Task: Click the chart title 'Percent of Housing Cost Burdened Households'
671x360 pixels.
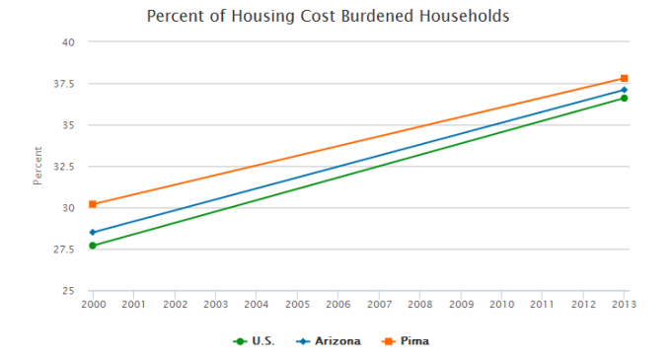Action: coord(329,17)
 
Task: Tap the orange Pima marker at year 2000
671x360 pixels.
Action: coord(93,204)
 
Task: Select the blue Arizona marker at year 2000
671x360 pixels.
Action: coord(93,233)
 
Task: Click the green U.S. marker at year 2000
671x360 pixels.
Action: coord(93,246)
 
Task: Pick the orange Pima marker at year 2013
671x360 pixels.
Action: coord(624,78)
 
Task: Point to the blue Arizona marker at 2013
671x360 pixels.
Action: coord(624,90)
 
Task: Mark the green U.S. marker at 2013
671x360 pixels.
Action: coord(624,99)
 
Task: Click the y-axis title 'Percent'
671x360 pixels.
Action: coord(37,167)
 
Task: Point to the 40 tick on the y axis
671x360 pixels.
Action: coord(68,42)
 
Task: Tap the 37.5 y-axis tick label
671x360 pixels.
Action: coord(64,84)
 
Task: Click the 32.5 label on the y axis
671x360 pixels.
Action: coord(64,167)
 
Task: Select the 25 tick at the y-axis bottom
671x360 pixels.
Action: coord(68,291)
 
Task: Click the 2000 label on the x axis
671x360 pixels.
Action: coord(93,305)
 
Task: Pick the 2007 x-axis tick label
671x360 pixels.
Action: coord(379,305)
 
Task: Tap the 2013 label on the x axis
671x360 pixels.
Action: coord(624,305)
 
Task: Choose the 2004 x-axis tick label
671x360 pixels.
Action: coord(257,305)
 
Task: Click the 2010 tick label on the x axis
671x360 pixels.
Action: coord(501,305)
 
